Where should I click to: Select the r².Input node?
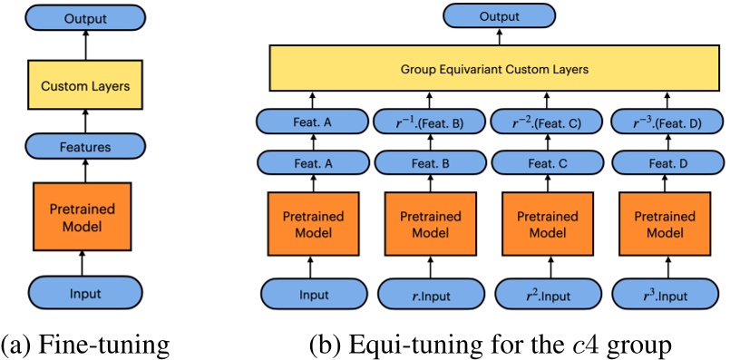tap(548, 293)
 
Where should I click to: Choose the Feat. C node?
tap(549, 163)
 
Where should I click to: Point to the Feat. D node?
tap(667, 163)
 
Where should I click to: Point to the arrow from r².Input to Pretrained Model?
tap(549, 266)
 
